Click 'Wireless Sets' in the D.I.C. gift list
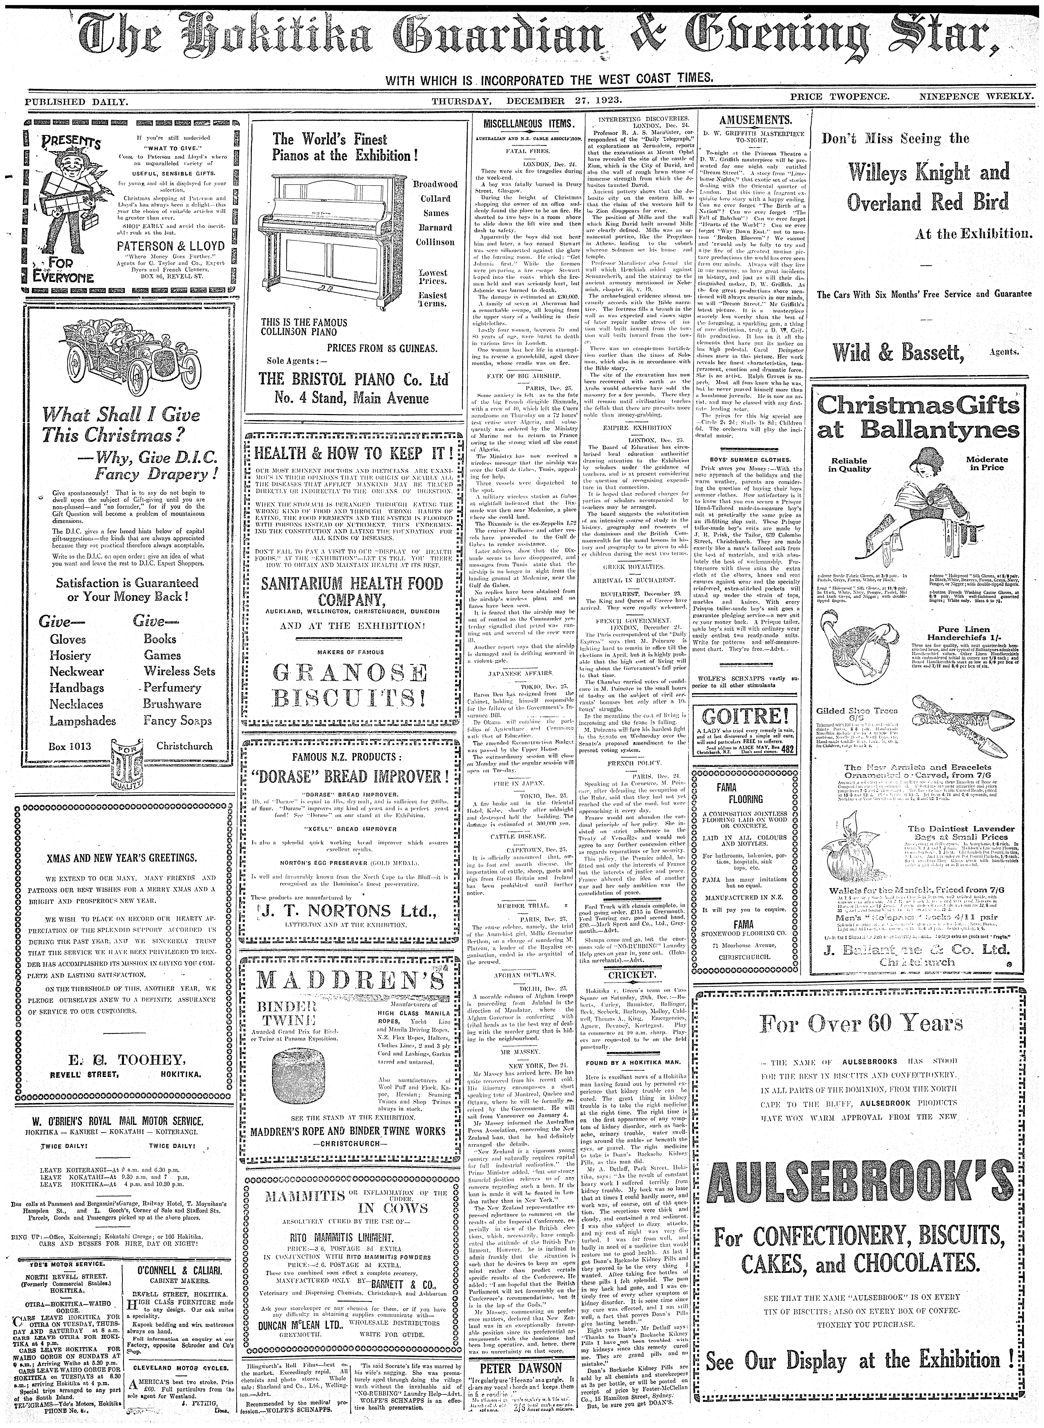179,671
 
